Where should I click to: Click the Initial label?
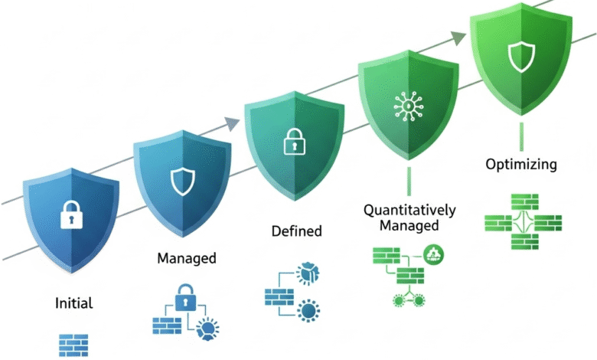click(74, 303)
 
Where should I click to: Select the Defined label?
click(297, 231)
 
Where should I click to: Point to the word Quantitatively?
click(409, 210)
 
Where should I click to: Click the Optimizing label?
click(521, 164)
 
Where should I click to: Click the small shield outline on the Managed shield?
click(181, 182)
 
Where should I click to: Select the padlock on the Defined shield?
click(295, 142)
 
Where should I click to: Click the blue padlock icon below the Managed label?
click(186, 297)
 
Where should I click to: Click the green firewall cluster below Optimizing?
click(523, 223)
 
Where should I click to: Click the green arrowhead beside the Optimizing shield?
click(458, 38)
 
